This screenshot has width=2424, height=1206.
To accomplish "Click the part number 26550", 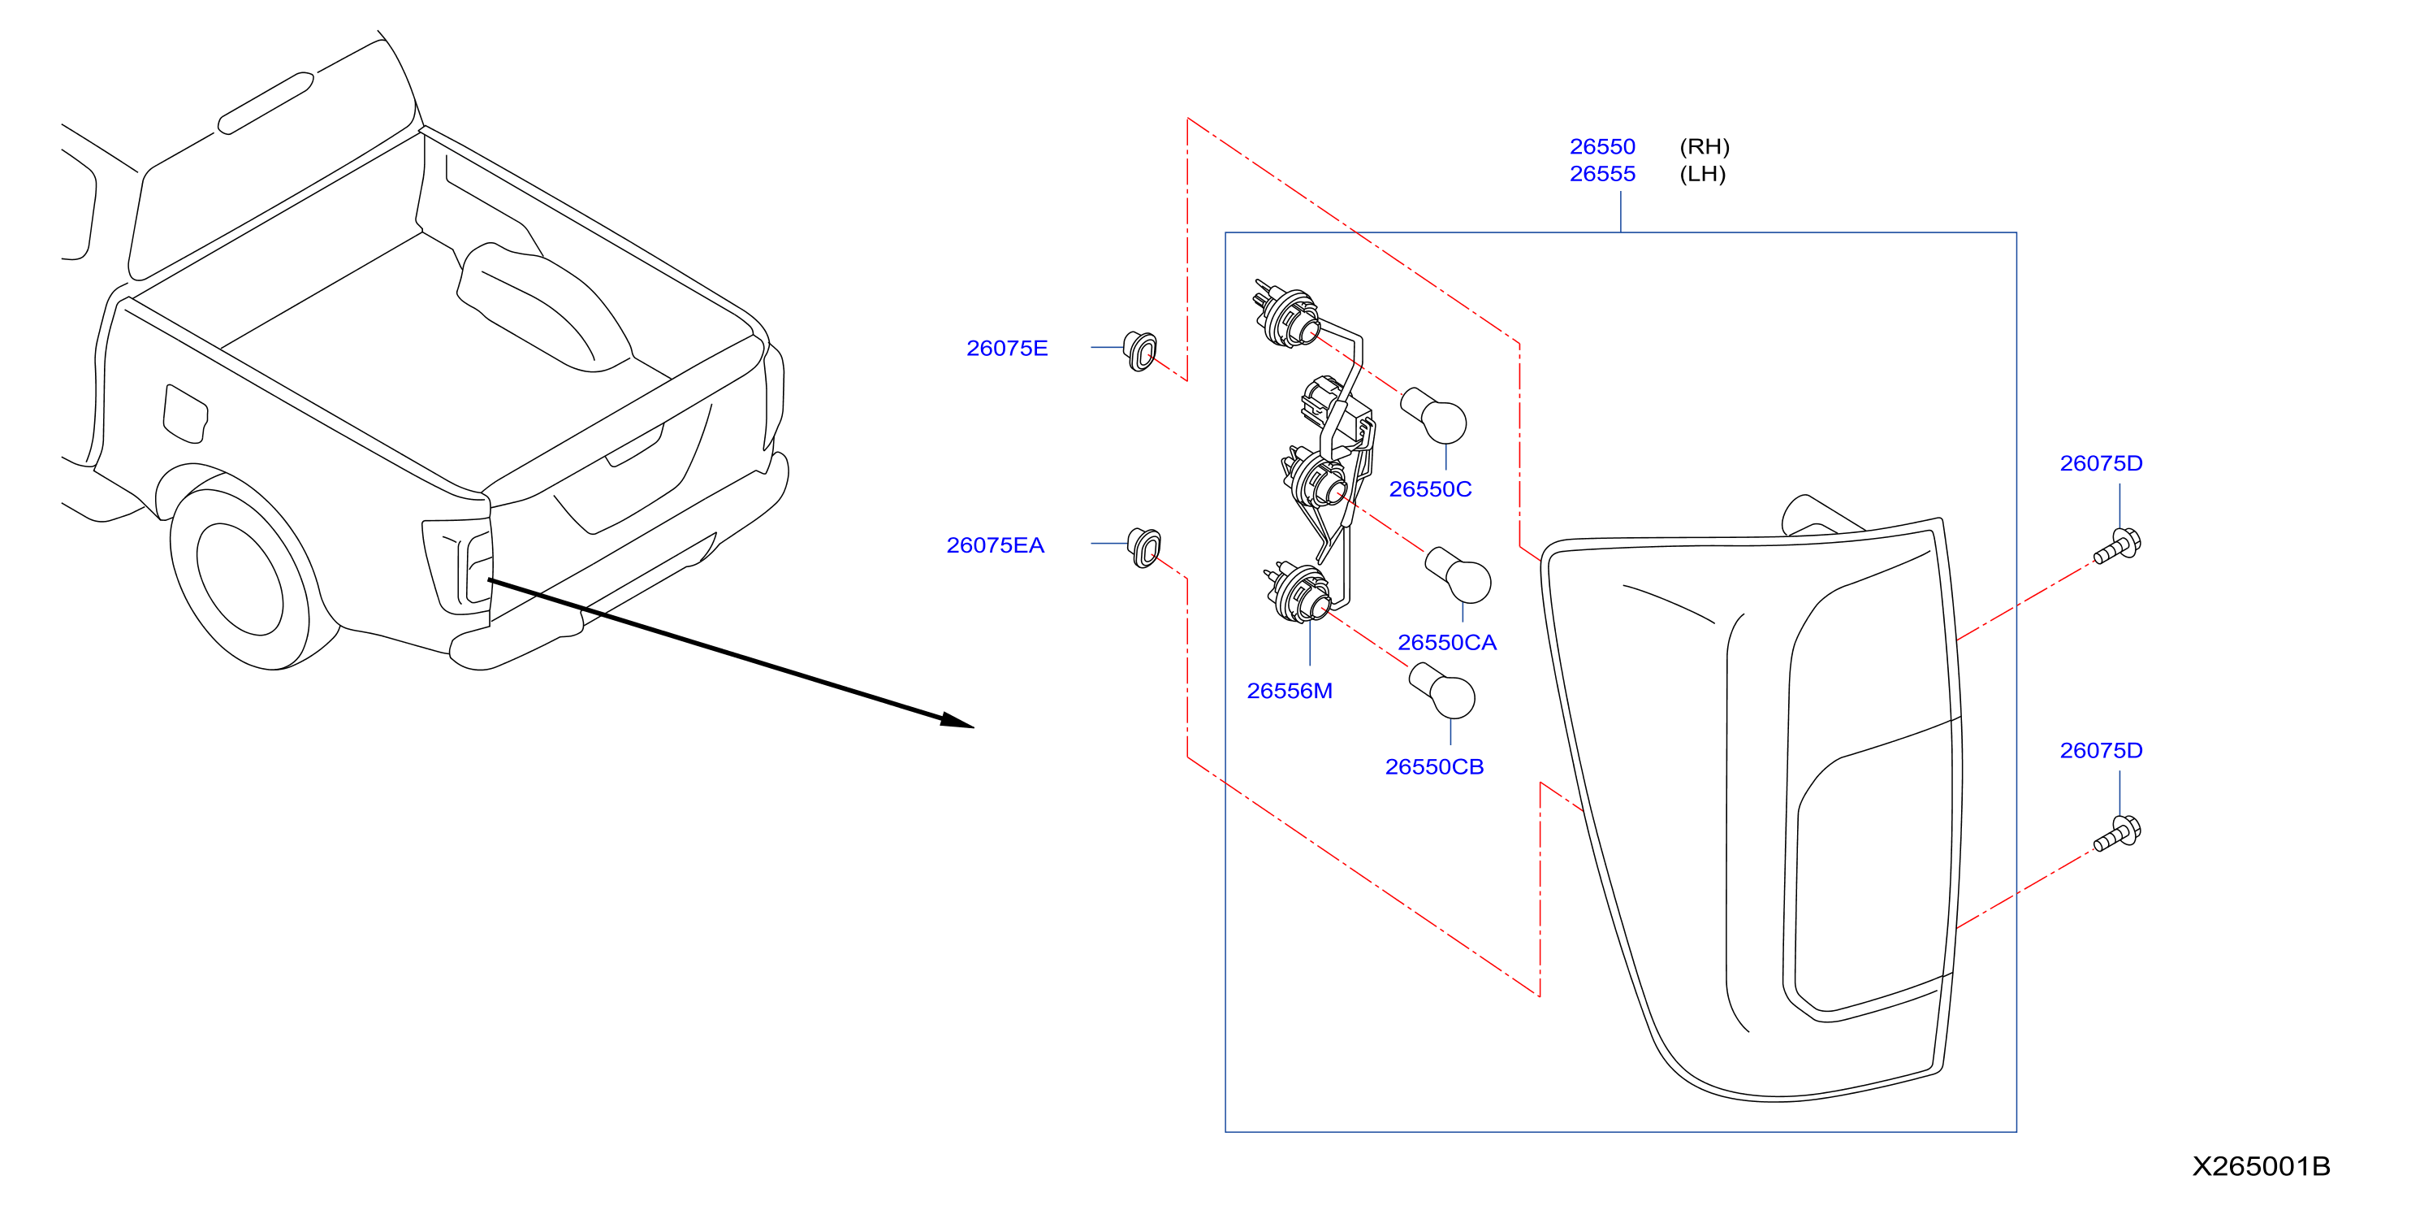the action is [x=1601, y=147].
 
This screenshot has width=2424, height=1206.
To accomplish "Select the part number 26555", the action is [x=1601, y=174].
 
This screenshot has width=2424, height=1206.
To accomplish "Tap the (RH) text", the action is [x=1705, y=147].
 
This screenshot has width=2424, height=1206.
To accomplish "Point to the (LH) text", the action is [x=1702, y=174].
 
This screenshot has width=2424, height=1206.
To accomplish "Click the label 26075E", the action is [x=1007, y=349].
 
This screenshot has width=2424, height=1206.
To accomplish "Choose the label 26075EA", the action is [x=995, y=545].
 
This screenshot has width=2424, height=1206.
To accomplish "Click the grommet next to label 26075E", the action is [x=1140, y=350].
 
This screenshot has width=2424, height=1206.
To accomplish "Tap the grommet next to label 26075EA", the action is [x=1144, y=548].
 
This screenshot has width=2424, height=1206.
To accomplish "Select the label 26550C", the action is [x=1430, y=488].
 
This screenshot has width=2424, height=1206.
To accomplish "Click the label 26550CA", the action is [x=1446, y=642].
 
